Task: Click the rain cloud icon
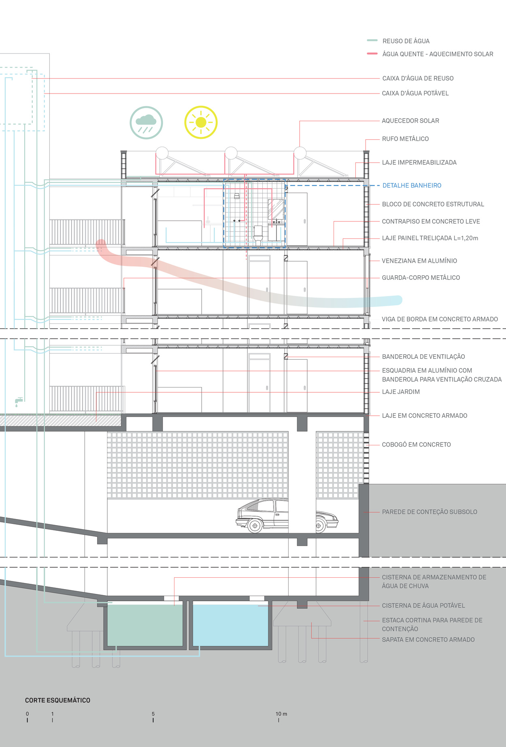[x=146, y=123]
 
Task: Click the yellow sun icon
[x=201, y=122]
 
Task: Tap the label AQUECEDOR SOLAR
[x=410, y=121]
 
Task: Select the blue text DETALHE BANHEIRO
[x=412, y=185]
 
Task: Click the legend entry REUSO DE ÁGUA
[x=406, y=41]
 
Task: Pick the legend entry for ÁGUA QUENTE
[x=438, y=54]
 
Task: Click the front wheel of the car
[x=255, y=526]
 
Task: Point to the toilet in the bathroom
[x=258, y=235]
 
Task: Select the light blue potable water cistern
[x=230, y=625]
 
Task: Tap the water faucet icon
[x=18, y=402]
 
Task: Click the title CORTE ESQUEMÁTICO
[x=57, y=700]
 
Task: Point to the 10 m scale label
[x=281, y=714]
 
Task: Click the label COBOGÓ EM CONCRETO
[x=416, y=445]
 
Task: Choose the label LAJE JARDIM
[x=401, y=392]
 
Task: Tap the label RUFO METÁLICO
[x=405, y=139]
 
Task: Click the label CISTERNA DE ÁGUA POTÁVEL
[x=423, y=606]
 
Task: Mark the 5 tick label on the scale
[x=153, y=714]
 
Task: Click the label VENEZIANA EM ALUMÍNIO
[x=419, y=261]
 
